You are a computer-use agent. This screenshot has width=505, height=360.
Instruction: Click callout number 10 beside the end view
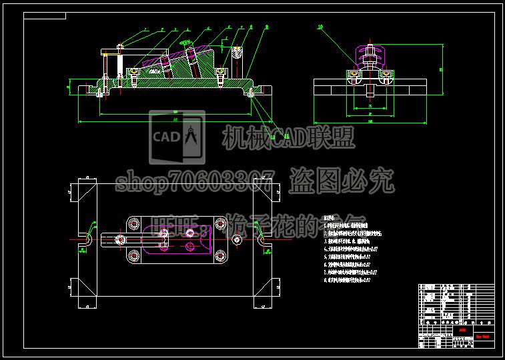pyautogui.click(x=320, y=27)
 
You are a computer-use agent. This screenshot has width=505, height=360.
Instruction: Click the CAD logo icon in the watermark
pyautogui.click(x=177, y=137)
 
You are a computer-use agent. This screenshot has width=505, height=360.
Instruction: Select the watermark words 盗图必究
pyautogui.click(x=341, y=180)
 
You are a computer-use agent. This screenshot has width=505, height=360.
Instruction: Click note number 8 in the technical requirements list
pyautogui.click(x=326, y=281)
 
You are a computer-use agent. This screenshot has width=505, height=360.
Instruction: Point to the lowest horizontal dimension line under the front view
pyautogui.click(x=173, y=122)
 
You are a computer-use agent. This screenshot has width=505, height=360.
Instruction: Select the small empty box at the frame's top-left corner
pyautogui.click(x=45, y=15)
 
